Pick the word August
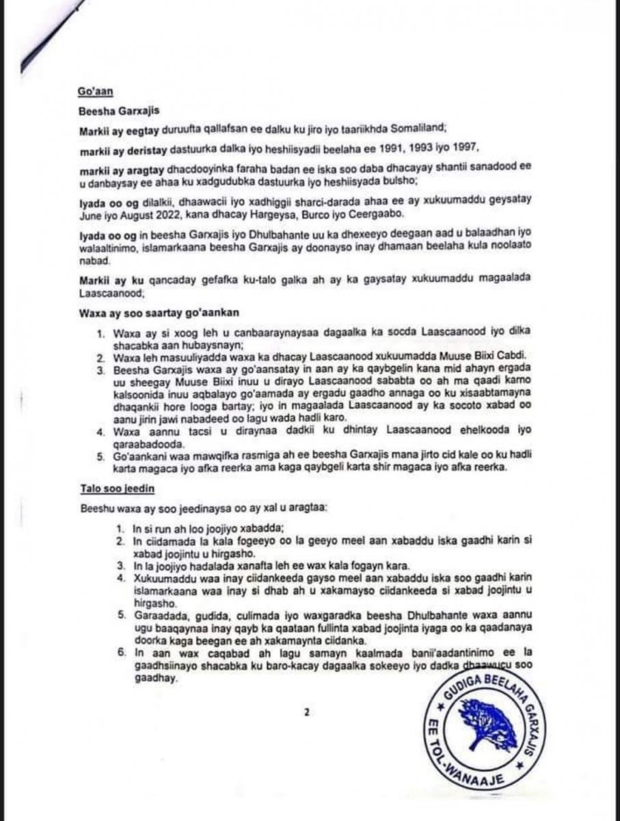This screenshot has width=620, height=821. [125, 213]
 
